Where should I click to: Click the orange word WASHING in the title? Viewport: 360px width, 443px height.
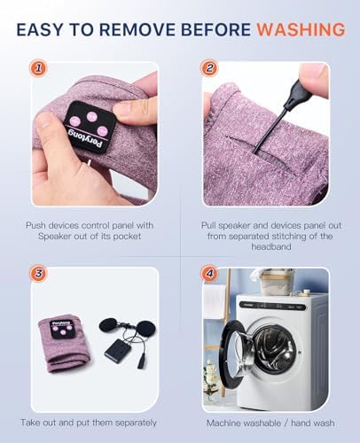pyautogui.click(x=301, y=29)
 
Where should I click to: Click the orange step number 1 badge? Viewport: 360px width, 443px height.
pyautogui.click(x=38, y=68)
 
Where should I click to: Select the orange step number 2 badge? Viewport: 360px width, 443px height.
pyautogui.click(x=209, y=68)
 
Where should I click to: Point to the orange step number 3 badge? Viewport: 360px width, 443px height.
pyautogui.click(x=38, y=273)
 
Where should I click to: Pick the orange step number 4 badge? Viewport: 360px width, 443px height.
pyautogui.click(x=209, y=273)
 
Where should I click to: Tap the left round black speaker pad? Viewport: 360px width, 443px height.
pyautogui.click(x=108, y=326)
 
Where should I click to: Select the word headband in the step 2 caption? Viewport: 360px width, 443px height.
pyautogui.click(x=271, y=246)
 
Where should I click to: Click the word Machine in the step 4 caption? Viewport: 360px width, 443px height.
pyautogui.click(x=225, y=423)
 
